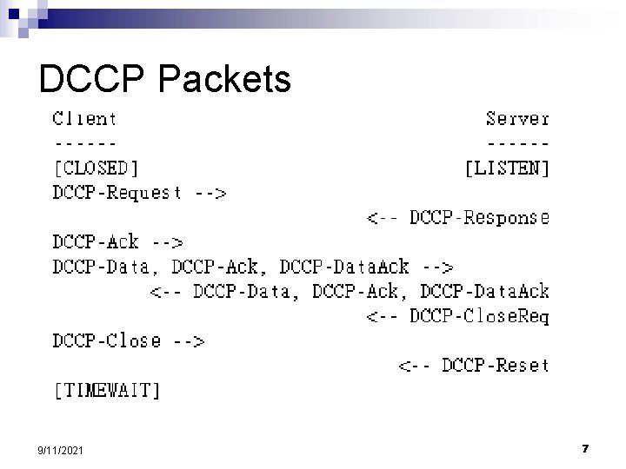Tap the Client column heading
click(84, 117)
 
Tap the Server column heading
click(517, 117)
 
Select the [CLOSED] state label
click(96, 167)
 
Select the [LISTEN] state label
click(508, 167)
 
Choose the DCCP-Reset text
click(496, 366)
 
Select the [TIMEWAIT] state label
click(107, 391)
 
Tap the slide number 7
click(586, 448)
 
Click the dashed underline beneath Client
click(84, 142)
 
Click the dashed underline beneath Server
click(517, 142)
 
